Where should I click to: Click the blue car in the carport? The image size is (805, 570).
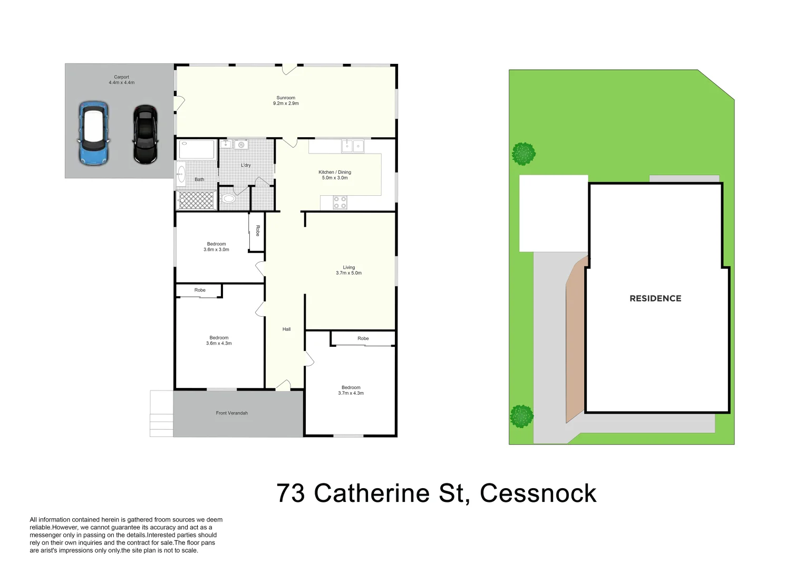coord(94,132)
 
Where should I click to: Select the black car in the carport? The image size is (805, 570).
coord(145,134)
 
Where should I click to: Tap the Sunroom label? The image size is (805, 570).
coord(286,100)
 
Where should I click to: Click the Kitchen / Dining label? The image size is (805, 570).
coord(335,175)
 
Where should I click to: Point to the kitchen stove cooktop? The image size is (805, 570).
coord(340,203)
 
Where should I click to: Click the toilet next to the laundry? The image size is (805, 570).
coord(228,199)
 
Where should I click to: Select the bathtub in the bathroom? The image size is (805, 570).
coord(197,149)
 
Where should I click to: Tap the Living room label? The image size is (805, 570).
coord(349,270)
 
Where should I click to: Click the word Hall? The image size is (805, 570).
coord(286,329)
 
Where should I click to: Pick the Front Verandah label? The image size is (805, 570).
coord(232,413)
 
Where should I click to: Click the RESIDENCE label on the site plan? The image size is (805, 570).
coord(655,299)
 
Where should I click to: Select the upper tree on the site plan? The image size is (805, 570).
coord(523,154)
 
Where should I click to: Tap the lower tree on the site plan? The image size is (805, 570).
coord(521,416)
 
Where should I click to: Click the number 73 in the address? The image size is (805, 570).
coord(290,493)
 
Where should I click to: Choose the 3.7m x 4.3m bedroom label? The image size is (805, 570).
coord(351,391)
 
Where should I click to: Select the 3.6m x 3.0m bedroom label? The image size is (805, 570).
coord(217,247)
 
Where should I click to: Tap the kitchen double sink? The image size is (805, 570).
coord(353,146)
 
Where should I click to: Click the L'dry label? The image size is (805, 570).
coord(246,166)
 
